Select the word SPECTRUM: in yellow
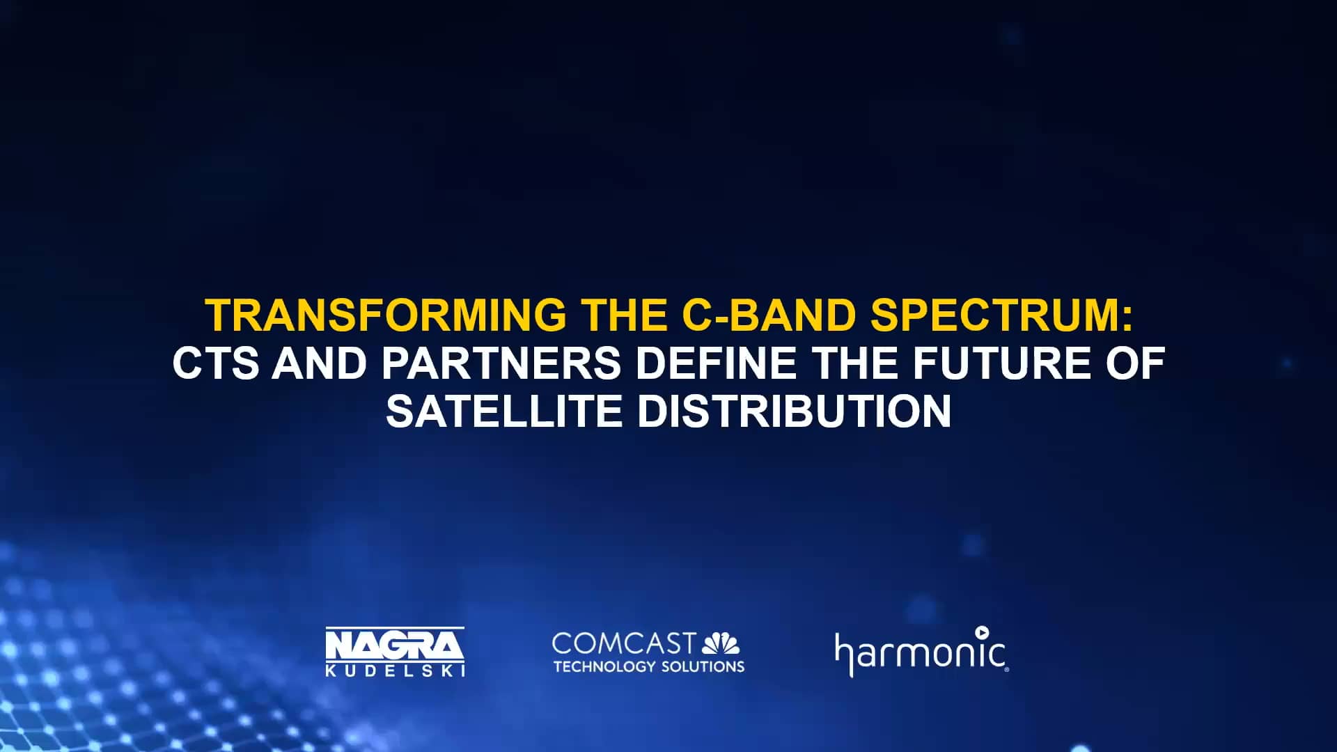point(1001,315)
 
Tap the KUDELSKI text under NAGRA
point(395,671)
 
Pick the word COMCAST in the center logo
point(623,643)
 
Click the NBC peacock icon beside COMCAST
point(721,643)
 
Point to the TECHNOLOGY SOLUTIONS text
point(649,666)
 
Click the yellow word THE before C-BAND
point(625,315)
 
